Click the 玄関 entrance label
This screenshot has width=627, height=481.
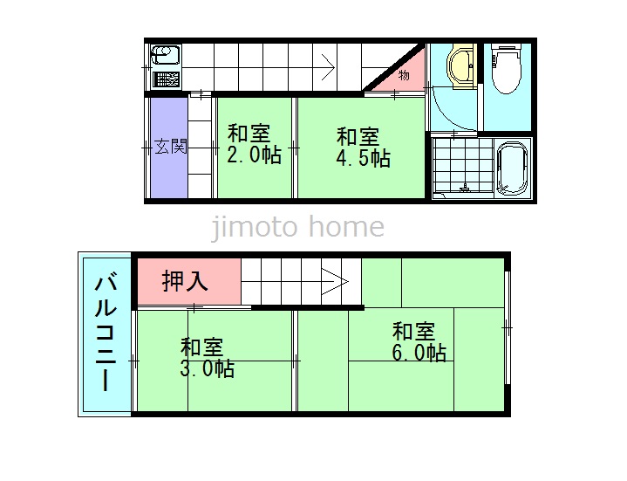point(171,147)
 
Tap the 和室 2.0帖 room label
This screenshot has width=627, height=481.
point(254,144)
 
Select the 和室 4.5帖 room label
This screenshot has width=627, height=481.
point(363,147)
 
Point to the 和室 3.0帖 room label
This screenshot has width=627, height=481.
point(208,358)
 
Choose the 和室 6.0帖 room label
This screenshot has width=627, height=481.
point(419,341)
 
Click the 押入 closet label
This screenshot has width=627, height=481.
point(185,280)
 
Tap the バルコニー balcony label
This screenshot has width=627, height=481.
point(106,333)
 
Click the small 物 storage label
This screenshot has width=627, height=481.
point(404,75)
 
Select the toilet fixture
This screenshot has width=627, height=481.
point(507,69)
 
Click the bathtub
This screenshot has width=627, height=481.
point(512,168)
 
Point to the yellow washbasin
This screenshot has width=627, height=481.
point(461,67)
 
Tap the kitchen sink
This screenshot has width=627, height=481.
point(166,55)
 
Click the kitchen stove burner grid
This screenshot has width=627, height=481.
point(166,79)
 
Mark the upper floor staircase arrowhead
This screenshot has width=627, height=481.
point(329,67)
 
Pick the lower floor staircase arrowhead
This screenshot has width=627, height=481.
point(335,282)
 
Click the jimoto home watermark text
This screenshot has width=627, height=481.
point(297,227)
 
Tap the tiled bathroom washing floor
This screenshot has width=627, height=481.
point(463,166)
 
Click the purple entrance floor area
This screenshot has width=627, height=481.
point(169,148)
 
